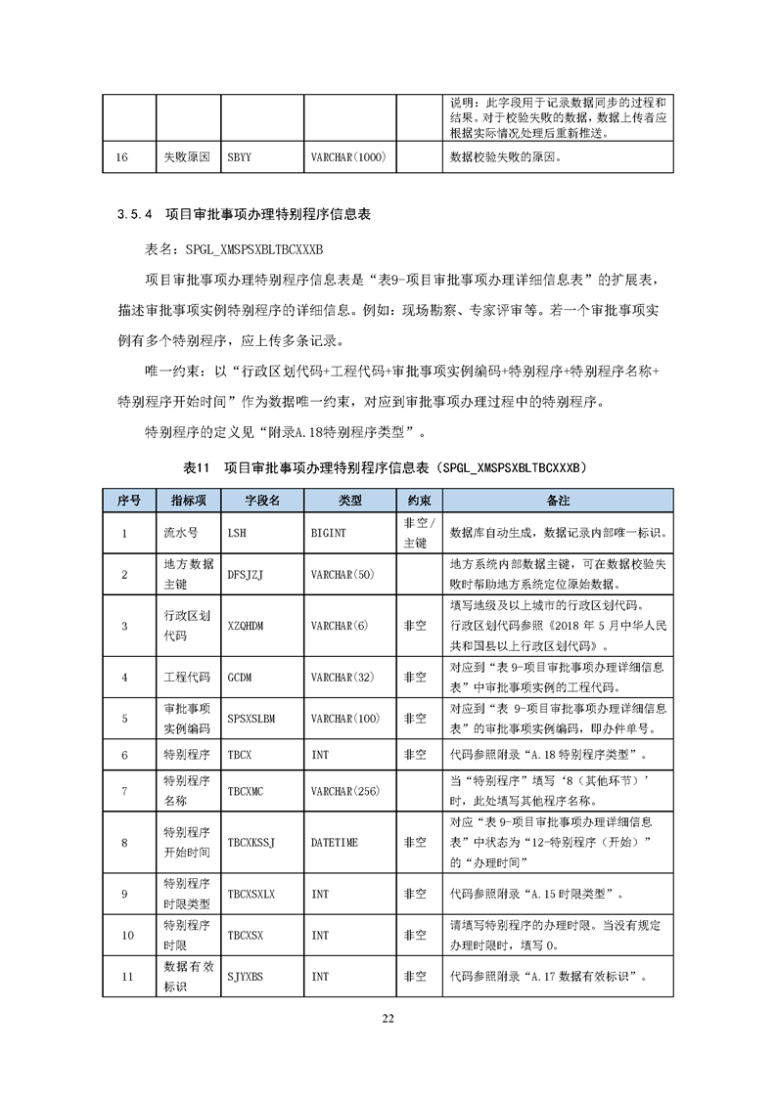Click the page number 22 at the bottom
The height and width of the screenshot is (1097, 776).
[388, 1019]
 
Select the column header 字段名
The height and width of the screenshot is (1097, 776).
[262, 499]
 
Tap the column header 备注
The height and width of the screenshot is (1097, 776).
[558, 499]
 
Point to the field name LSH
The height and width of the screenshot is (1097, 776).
[237, 534]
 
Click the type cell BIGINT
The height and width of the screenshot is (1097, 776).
[328, 534]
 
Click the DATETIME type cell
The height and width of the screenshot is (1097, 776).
[333, 841]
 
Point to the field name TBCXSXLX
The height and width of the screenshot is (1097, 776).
[251, 894]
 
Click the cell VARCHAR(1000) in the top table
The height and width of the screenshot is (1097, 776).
[345, 155]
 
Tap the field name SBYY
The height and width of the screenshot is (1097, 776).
[239, 155]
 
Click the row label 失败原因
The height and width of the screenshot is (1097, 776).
[185, 155]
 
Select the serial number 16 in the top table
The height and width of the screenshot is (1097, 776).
[123, 155]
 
